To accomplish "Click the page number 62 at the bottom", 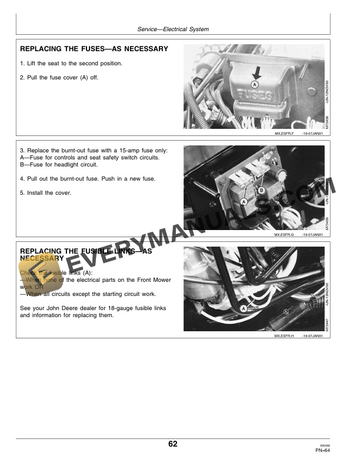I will pos(172,444).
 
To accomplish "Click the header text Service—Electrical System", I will pos(173,29).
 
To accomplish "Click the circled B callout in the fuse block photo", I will pos(262,189).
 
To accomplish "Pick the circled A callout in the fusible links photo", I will pos(244,307).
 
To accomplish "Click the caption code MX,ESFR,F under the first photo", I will pos(284,134).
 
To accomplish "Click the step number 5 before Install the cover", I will pos(22,192).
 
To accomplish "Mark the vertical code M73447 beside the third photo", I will pos(327,321).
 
